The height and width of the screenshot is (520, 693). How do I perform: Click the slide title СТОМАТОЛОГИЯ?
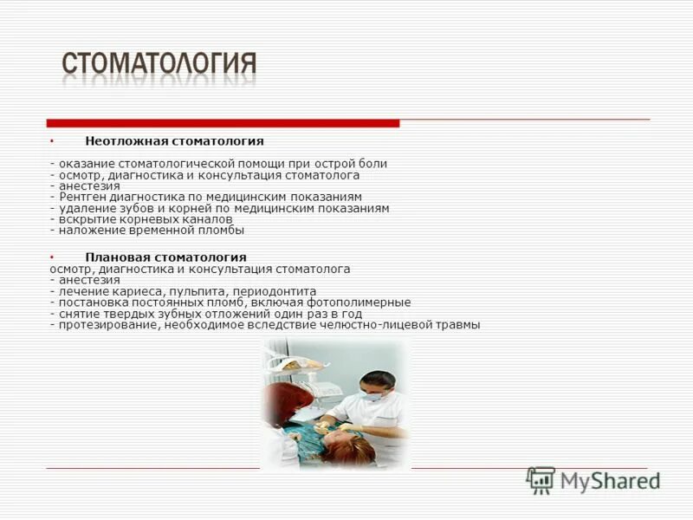coord(159,65)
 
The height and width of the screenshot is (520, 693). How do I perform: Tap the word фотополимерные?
coord(364,302)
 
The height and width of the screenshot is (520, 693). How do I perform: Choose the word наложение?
coord(88,231)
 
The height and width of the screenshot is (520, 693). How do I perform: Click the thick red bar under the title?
coord(223,123)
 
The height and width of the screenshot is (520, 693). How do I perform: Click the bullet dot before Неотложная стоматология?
coord(51,140)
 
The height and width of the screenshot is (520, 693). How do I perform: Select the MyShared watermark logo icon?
coord(541,480)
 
